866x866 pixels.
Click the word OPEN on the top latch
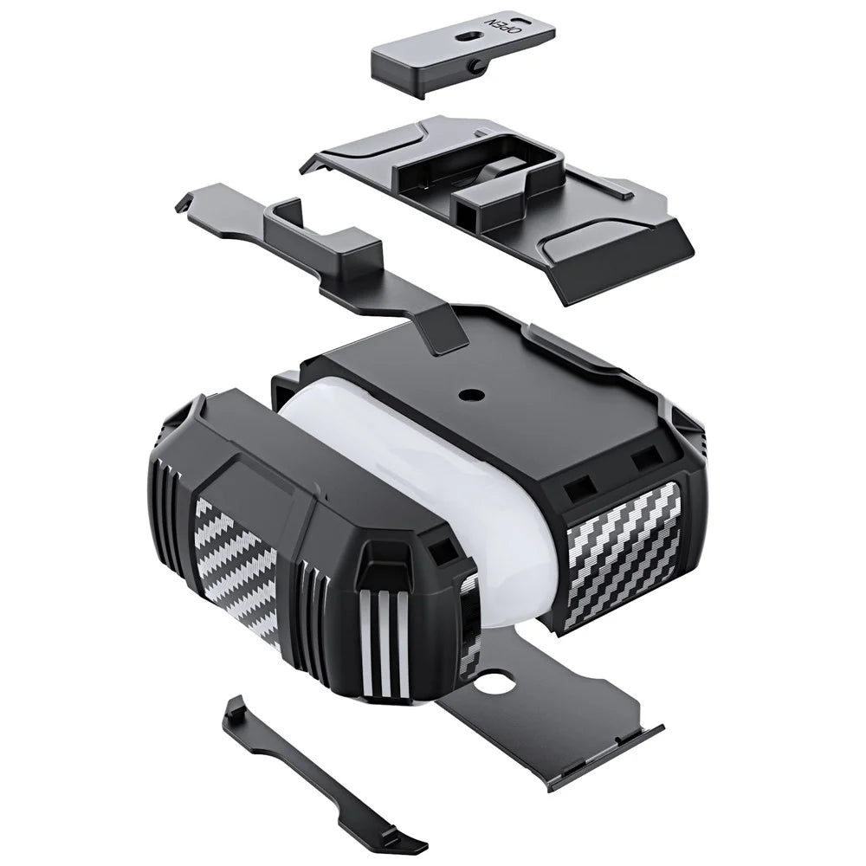pos(502,25)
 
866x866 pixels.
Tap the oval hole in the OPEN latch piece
pos(467,36)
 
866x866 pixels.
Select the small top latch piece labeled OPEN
pos(462,53)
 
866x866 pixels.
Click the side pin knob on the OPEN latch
pos(475,67)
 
